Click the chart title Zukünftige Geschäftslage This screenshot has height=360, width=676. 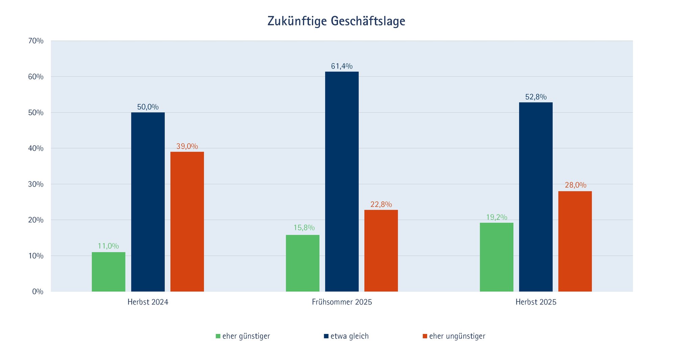click(336, 21)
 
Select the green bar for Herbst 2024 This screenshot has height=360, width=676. click(108, 272)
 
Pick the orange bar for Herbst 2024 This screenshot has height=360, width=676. click(187, 221)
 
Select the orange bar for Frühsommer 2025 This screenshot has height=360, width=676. click(381, 250)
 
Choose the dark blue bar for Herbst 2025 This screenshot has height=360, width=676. click(536, 197)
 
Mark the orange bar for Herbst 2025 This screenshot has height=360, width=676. click(575, 241)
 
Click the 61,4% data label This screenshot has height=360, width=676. click(342, 66)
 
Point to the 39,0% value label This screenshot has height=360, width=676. click(187, 146)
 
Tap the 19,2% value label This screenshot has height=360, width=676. click(497, 217)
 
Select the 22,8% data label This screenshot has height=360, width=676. click(381, 205)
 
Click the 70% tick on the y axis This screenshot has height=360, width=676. click(36, 41)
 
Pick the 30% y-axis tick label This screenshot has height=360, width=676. click(36, 184)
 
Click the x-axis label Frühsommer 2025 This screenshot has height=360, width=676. click(342, 302)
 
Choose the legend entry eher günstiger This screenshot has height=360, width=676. click(243, 336)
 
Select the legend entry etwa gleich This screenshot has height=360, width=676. click(346, 336)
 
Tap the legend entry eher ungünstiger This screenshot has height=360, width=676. click(454, 336)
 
